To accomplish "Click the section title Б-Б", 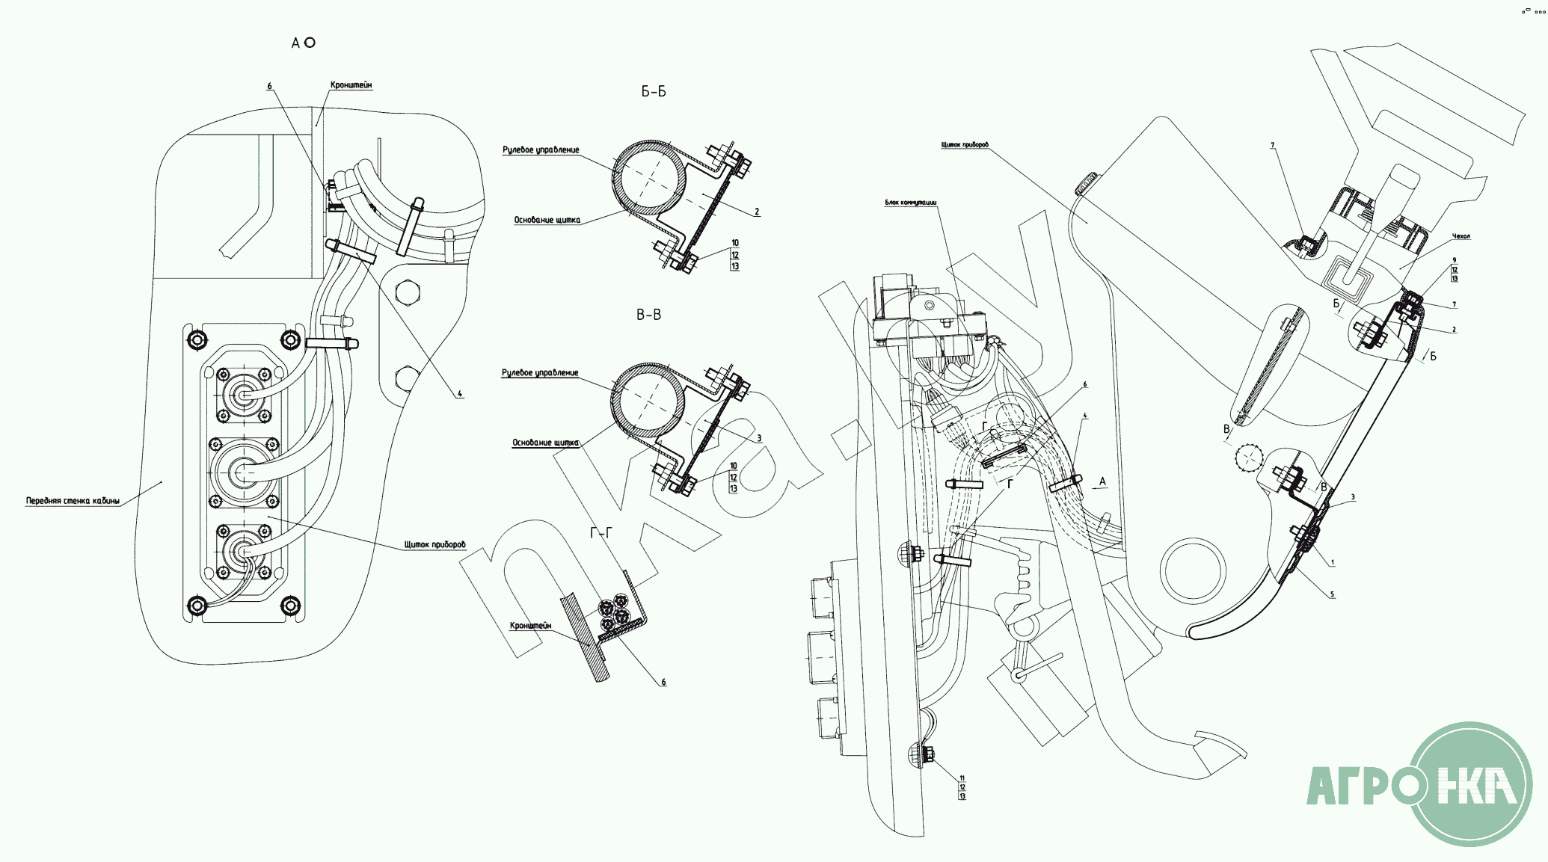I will (x=653, y=92).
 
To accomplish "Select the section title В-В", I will (x=648, y=315).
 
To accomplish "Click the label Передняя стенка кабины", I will (x=73, y=501).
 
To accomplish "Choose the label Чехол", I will (x=1461, y=236).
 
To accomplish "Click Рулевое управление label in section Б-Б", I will (x=541, y=150).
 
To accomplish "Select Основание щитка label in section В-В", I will (x=545, y=443).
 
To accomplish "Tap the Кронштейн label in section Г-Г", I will (x=530, y=626).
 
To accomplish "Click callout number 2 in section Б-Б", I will (x=757, y=212).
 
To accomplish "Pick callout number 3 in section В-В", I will (x=758, y=438).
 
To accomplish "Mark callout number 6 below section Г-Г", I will (x=663, y=682).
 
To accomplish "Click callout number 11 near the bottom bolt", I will (x=962, y=778).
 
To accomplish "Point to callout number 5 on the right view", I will (x=1331, y=594).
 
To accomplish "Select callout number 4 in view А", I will (x=460, y=394).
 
